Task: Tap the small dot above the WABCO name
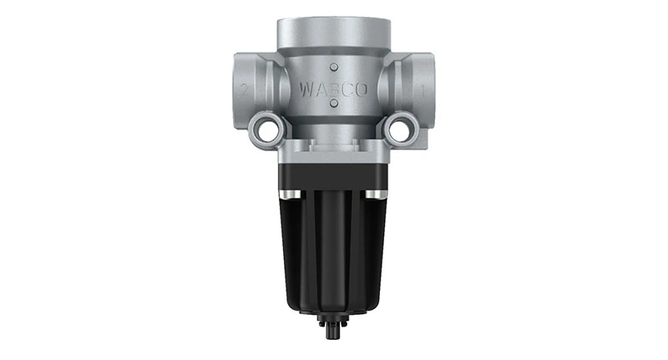click(333, 66)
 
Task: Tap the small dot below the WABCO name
click(333, 104)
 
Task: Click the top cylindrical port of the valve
click(333, 29)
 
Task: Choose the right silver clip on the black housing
click(382, 194)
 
